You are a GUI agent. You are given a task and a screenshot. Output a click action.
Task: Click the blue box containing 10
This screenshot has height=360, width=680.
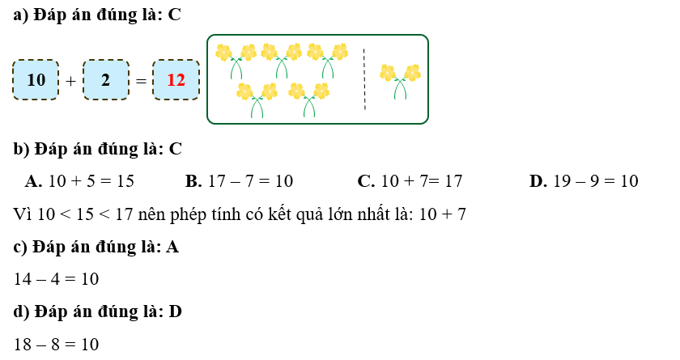(x=36, y=80)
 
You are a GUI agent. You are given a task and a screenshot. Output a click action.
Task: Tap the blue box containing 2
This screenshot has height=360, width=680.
(x=105, y=80)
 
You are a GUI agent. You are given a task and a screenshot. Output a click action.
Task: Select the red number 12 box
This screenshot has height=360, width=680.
(x=176, y=80)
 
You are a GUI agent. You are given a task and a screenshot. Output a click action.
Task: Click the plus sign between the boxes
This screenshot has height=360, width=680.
(x=70, y=81)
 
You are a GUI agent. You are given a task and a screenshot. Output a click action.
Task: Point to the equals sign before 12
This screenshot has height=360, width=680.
(x=141, y=81)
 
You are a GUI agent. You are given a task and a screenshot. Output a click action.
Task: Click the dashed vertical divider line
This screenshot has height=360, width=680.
(x=364, y=79)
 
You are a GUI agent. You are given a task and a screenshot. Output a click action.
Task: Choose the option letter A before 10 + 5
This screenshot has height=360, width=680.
(x=32, y=181)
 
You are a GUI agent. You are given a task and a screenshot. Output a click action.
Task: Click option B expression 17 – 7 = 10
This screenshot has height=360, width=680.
(x=250, y=181)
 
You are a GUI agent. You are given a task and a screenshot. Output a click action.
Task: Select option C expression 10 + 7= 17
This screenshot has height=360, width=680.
(x=421, y=181)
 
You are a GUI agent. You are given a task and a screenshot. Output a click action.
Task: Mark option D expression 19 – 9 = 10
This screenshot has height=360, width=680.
(x=596, y=181)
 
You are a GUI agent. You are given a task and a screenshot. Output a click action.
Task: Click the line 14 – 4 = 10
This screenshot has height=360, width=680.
(x=56, y=279)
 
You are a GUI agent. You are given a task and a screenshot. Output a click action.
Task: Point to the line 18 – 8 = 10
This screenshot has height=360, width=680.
(x=56, y=345)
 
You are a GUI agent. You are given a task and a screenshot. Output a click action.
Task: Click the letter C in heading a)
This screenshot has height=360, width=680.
(x=175, y=15)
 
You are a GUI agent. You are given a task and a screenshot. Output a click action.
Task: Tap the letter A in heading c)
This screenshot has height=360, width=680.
(x=172, y=247)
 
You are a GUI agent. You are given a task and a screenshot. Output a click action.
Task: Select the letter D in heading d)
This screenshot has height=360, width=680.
(x=176, y=312)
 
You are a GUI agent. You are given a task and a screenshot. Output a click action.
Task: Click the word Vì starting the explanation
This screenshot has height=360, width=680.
(x=23, y=214)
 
